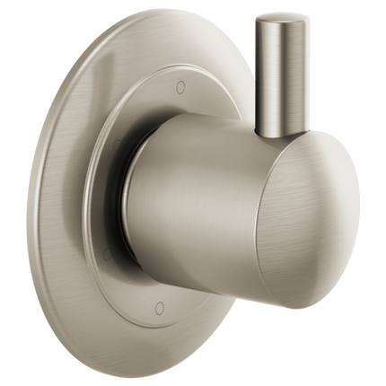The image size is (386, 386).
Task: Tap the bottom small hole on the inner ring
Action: [159, 307]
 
